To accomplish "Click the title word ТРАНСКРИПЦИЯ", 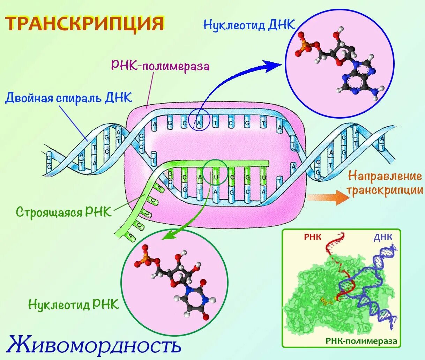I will [85, 23].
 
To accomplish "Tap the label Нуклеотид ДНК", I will [249, 25].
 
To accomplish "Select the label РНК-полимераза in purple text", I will [160, 66].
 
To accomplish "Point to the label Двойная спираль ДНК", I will [69, 97].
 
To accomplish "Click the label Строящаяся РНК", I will [64, 212].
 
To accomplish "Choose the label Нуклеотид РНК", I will [74, 304].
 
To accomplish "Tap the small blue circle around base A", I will [199, 120].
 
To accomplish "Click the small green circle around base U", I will [215, 172].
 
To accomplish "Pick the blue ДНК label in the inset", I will [383, 237].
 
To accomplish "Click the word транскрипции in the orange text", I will [385, 190].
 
